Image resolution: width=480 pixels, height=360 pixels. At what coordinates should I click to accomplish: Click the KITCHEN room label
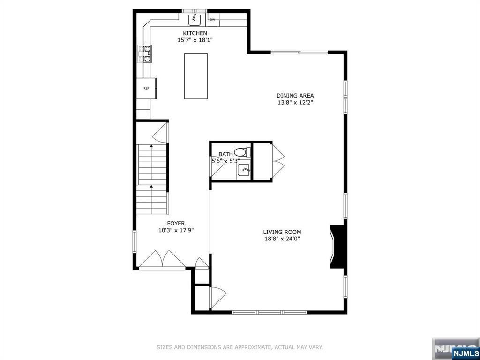click(x=195, y=33)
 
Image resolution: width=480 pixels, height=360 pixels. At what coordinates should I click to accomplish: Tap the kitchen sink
click(x=195, y=20)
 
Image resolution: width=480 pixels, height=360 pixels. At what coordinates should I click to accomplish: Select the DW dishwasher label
click(x=212, y=20)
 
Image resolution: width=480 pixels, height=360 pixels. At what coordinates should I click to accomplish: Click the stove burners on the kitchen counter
click(x=145, y=54)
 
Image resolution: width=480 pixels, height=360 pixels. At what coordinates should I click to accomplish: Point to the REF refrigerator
click(x=146, y=89)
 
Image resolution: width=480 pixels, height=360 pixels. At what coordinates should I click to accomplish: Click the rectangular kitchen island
click(x=196, y=76)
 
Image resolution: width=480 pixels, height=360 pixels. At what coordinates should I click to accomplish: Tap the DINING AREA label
click(x=295, y=96)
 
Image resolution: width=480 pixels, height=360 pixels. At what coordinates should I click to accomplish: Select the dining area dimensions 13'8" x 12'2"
click(x=295, y=103)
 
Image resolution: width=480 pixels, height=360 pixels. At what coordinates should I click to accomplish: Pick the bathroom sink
click(x=244, y=170)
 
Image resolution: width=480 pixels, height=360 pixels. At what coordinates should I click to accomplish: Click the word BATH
click(x=225, y=154)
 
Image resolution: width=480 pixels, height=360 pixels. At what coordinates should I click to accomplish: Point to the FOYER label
click(x=176, y=224)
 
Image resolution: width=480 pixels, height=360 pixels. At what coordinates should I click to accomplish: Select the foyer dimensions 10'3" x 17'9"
click(x=176, y=231)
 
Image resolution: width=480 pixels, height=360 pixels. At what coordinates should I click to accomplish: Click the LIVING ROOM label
click(x=282, y=232)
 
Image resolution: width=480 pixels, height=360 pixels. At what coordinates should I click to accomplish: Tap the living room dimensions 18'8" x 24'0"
click(x=282, y=239)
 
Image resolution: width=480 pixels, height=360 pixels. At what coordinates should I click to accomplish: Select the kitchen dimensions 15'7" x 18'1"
click(x=195, y=40)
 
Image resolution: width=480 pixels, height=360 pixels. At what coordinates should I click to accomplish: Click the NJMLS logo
click(x=465, y=352)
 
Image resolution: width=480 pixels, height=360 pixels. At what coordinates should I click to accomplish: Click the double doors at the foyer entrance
click(x=162, y=260)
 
